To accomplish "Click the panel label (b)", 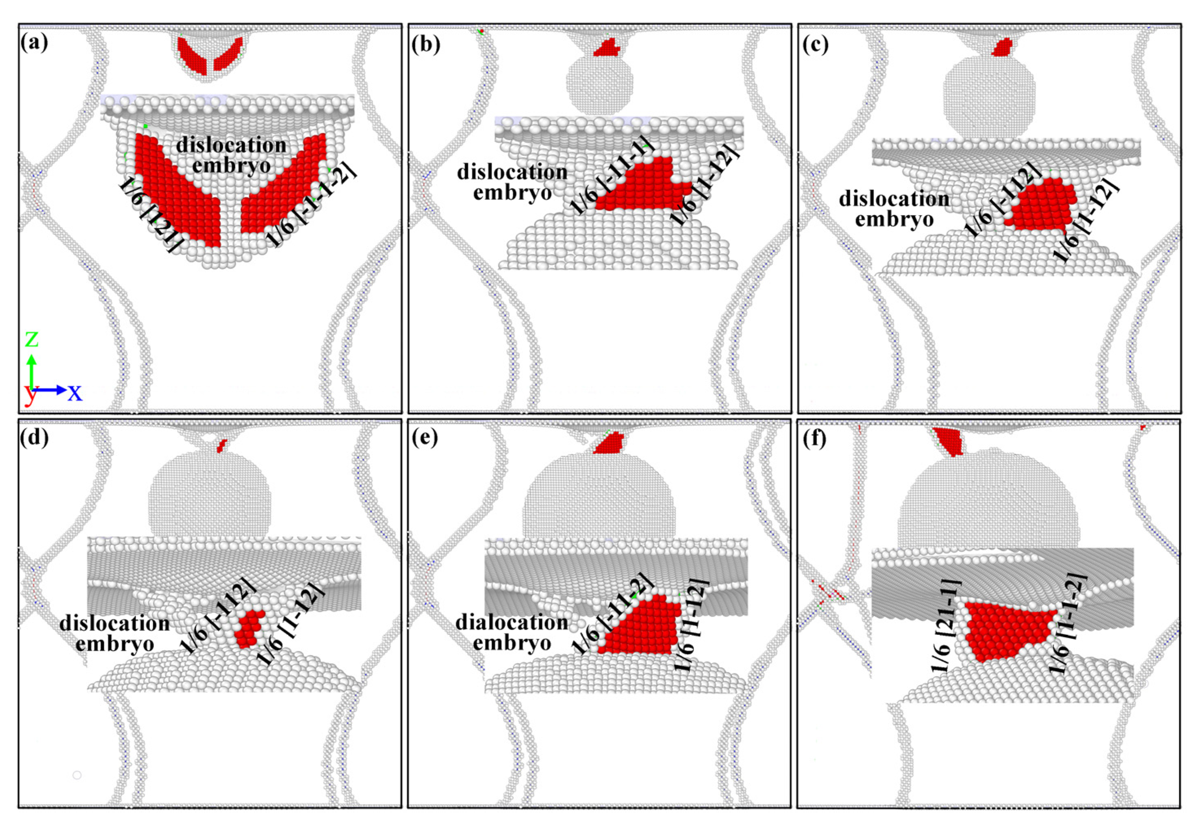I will point(426,44).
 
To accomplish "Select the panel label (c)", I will point(815,44).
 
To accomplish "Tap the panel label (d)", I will point(35,438).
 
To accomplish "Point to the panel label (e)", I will point(425,438).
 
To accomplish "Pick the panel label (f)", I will point(814,438).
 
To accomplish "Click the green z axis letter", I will point(32,339).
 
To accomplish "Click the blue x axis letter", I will point(75,393).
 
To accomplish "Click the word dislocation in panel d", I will point(114,623).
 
